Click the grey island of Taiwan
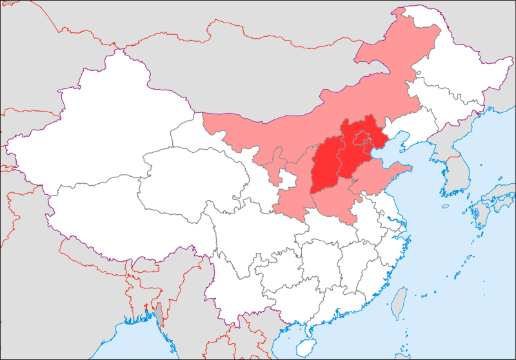400,300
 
